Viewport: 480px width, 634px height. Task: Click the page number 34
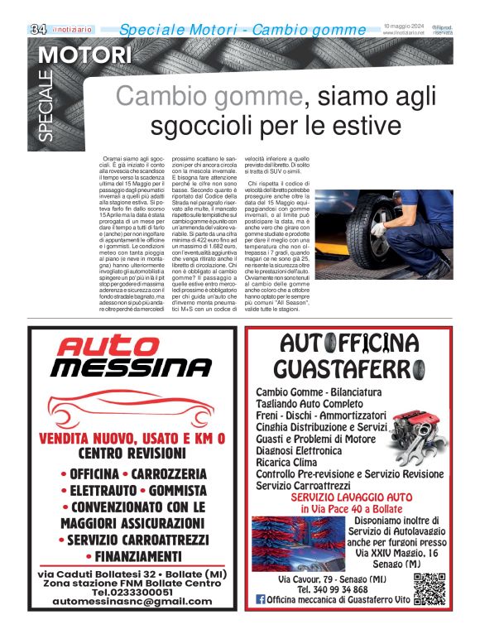coord(38,29)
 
